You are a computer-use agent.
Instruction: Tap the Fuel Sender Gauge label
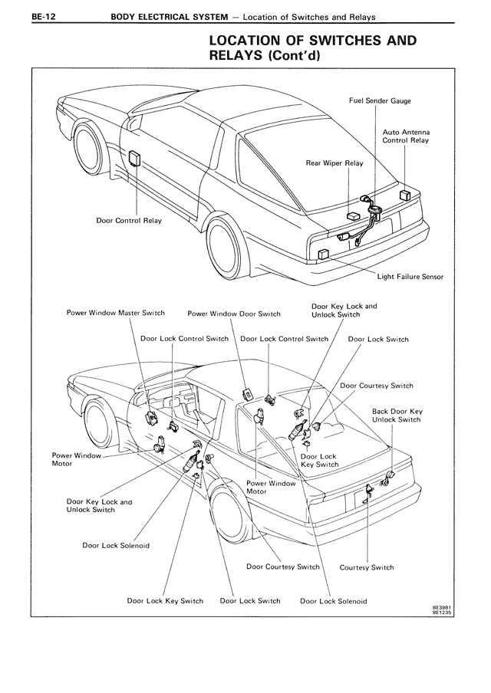point(380,101)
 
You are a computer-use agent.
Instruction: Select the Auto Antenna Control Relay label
point(405,136)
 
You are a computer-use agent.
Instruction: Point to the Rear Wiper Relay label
point(334,163)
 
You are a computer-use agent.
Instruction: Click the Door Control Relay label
point(129,221)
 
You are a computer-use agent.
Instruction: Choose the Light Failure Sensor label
point(410,277)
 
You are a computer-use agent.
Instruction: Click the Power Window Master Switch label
point(116,314)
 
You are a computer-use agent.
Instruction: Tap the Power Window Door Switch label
point(234,314)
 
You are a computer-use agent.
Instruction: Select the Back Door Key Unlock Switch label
point(397,415)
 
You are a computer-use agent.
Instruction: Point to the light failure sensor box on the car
point(324,254)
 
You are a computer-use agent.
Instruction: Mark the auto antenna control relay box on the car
point(405,195)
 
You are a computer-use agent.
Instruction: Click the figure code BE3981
point(440,607)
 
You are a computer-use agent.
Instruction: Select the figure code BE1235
point(440,613)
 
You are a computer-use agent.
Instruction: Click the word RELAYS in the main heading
point(238,56)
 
